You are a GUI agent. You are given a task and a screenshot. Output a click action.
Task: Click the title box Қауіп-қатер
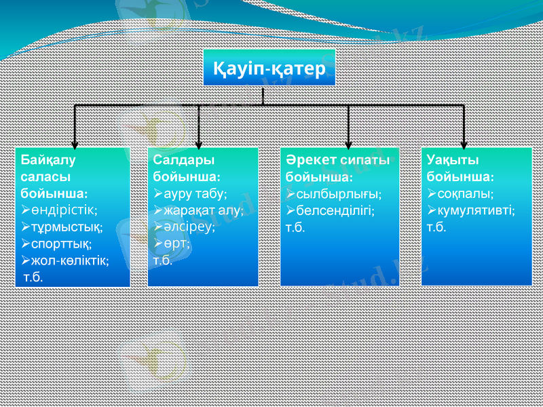pos(269,68)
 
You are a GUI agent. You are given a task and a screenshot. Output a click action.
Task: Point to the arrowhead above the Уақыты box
pos(464,143)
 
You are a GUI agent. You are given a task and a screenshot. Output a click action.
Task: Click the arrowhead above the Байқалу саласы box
pos(75,143)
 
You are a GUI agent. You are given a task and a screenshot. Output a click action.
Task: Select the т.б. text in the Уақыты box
pos(437,227)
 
